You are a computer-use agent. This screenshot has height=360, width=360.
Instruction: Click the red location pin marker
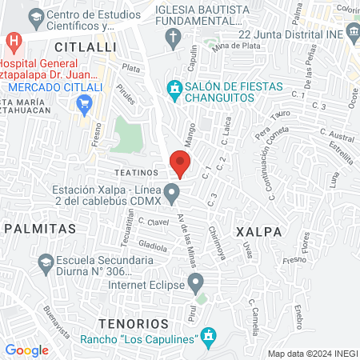[180, 163]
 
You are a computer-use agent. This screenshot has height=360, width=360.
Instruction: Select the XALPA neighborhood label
[259, 231]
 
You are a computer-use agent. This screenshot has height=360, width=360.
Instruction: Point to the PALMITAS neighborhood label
[39, 228]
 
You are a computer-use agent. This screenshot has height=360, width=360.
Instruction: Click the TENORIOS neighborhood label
[134, 323]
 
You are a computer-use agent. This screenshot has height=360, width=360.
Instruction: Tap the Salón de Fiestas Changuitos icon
[174, 87]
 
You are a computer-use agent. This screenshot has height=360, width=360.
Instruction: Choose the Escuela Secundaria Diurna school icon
[45, 262]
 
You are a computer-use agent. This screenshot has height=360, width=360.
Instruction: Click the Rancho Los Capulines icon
[209, 338]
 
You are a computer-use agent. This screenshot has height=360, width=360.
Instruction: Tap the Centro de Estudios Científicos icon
[35, 16]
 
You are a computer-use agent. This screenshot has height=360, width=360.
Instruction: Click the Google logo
[26, 350]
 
